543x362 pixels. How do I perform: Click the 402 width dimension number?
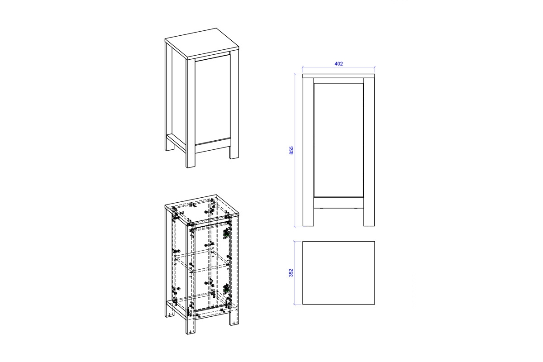338,64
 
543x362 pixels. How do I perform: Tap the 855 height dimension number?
291,150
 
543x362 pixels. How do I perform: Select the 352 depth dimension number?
291,273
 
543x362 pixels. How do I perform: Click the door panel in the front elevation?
338,140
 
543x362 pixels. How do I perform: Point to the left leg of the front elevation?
308,152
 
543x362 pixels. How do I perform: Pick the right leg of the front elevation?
369,152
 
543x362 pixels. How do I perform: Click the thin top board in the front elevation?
338,76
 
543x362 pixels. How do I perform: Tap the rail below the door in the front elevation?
338,203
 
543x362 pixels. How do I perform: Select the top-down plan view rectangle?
338,273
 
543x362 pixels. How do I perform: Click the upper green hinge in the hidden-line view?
226,233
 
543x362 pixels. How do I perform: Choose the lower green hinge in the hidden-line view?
226,289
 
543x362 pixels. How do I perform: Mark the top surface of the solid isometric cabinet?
202,43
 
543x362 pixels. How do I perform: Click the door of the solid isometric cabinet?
213,100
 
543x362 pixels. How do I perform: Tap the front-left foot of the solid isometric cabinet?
191,160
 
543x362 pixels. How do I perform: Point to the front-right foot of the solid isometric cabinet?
234,152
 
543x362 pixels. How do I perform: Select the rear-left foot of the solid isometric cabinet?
169,146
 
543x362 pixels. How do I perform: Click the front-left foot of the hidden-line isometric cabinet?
191,326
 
